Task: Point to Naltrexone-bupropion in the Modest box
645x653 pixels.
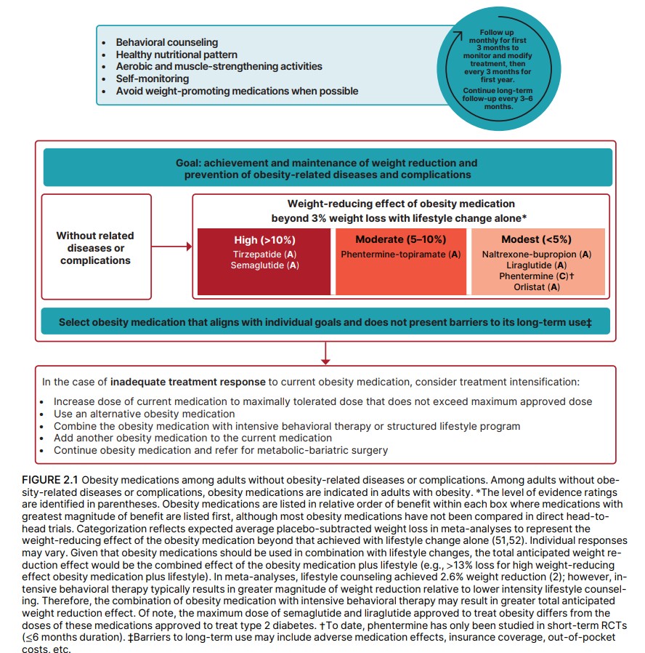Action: click(x=536, y=255)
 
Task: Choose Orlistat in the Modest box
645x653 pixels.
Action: click(x=536, y=287)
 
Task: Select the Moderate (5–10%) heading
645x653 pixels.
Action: click(x=401, y=240)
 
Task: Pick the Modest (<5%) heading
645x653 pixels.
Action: click(x=536, y=240)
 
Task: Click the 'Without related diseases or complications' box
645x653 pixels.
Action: click(x=96, y=247)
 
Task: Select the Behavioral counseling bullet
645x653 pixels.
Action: click(x=166, y=42)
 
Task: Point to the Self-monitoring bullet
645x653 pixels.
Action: click(x=152, y=79)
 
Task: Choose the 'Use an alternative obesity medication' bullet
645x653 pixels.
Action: click(x=144, y=414)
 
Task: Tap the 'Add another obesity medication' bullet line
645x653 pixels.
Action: click(x=192, y=438)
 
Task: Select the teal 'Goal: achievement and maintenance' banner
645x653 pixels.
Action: click(x=326, y=169)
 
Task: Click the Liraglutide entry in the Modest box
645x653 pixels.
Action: click(x=536, y=265)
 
